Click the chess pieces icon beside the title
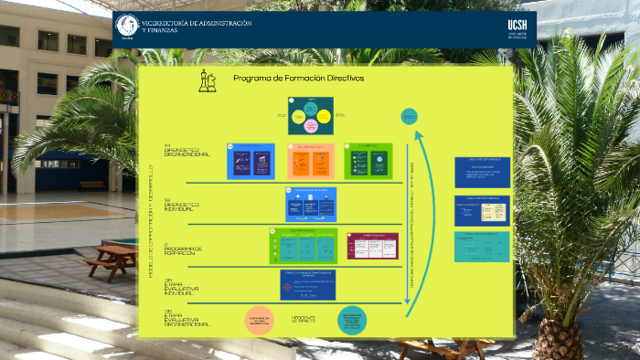click(208, 81)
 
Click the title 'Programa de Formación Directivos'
click(299, 79)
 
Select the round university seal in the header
click(127, 27)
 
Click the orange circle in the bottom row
click(260, 320)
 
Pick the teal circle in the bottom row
click(352, 320)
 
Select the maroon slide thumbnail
click(372, 246)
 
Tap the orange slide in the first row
click(311, 160)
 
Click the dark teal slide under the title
click(310, 115)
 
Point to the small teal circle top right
click(410, 116)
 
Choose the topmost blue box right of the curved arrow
click(482, 172)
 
